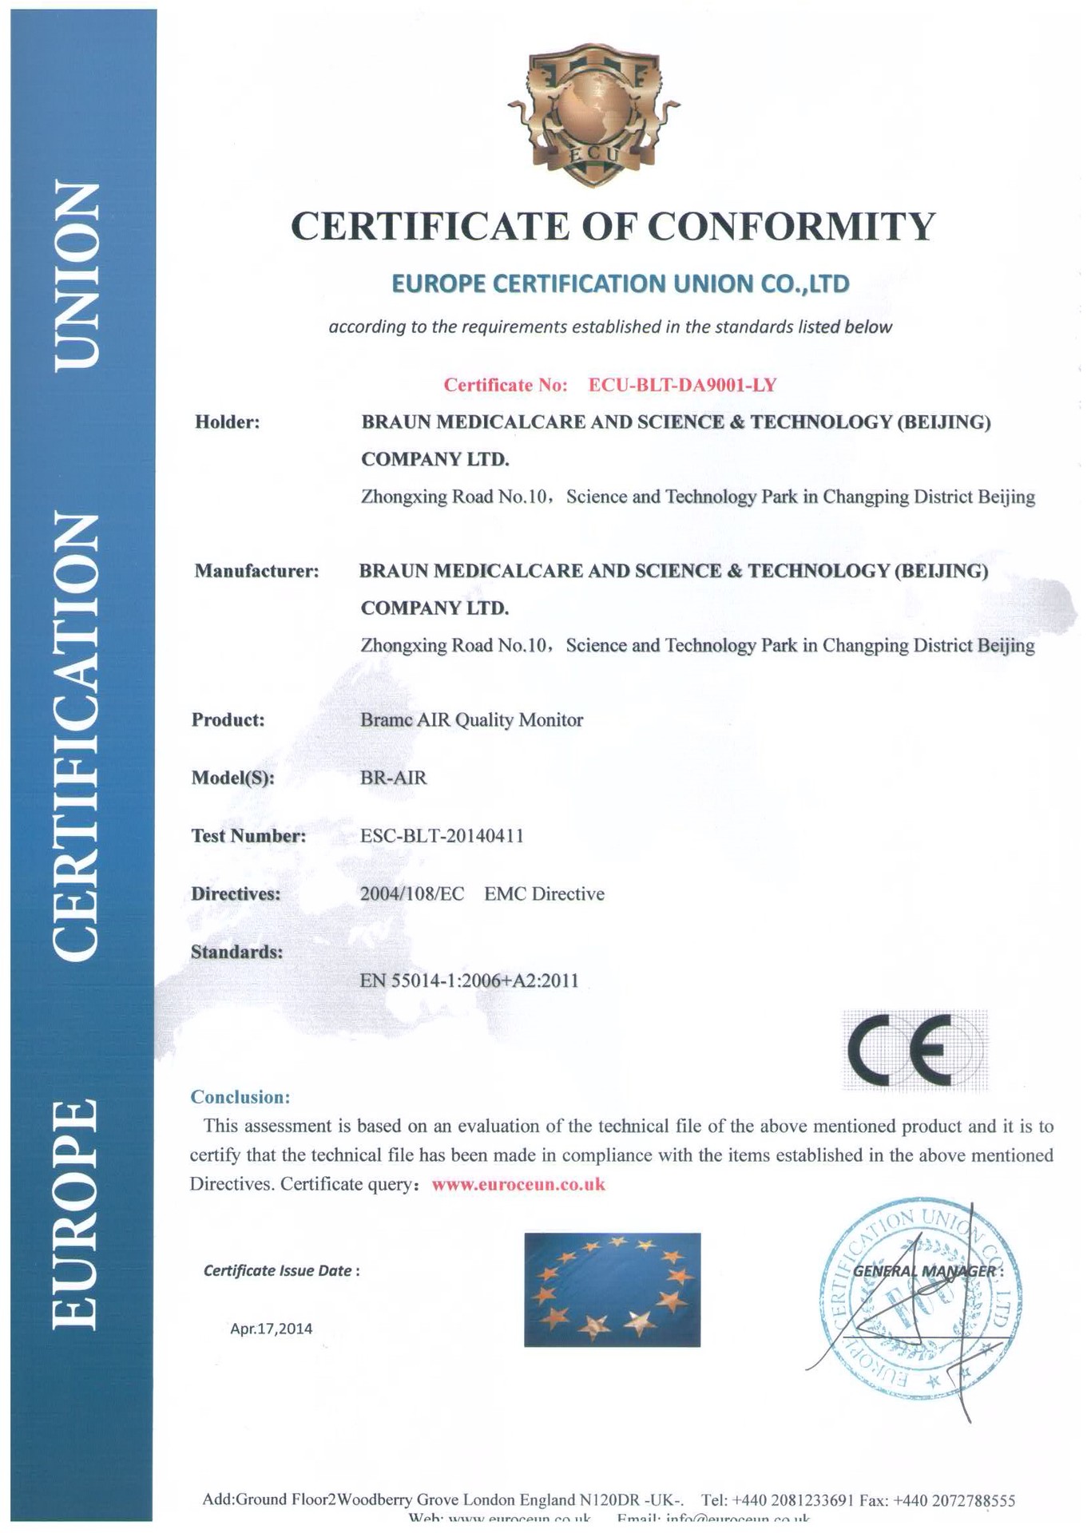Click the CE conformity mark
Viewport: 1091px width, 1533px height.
tap(914, 1050)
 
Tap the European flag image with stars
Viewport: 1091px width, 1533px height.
tap(612, 1289)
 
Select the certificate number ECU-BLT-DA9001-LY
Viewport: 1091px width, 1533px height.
tap(682, 385)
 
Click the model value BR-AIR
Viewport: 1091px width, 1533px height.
tap(393, 778)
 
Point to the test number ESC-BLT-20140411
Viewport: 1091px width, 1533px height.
tap(442, 836)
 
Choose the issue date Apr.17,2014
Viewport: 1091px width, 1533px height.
tap(271, 1329)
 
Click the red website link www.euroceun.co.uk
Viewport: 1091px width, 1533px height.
tap(518, 1184)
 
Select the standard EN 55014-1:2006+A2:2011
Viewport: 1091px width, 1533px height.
tap(469, 980)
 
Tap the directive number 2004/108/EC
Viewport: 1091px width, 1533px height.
tap(411, 894)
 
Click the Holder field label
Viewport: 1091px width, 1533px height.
tap(228, 422)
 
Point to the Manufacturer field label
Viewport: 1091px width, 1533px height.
tap(256, 571)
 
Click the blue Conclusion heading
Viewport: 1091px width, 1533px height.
tap(240, 1097)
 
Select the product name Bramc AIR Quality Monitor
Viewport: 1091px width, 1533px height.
tap(471, 720)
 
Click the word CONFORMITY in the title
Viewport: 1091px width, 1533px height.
tap(791, 227)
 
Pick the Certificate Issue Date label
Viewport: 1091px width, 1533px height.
tap(281, 1270)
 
